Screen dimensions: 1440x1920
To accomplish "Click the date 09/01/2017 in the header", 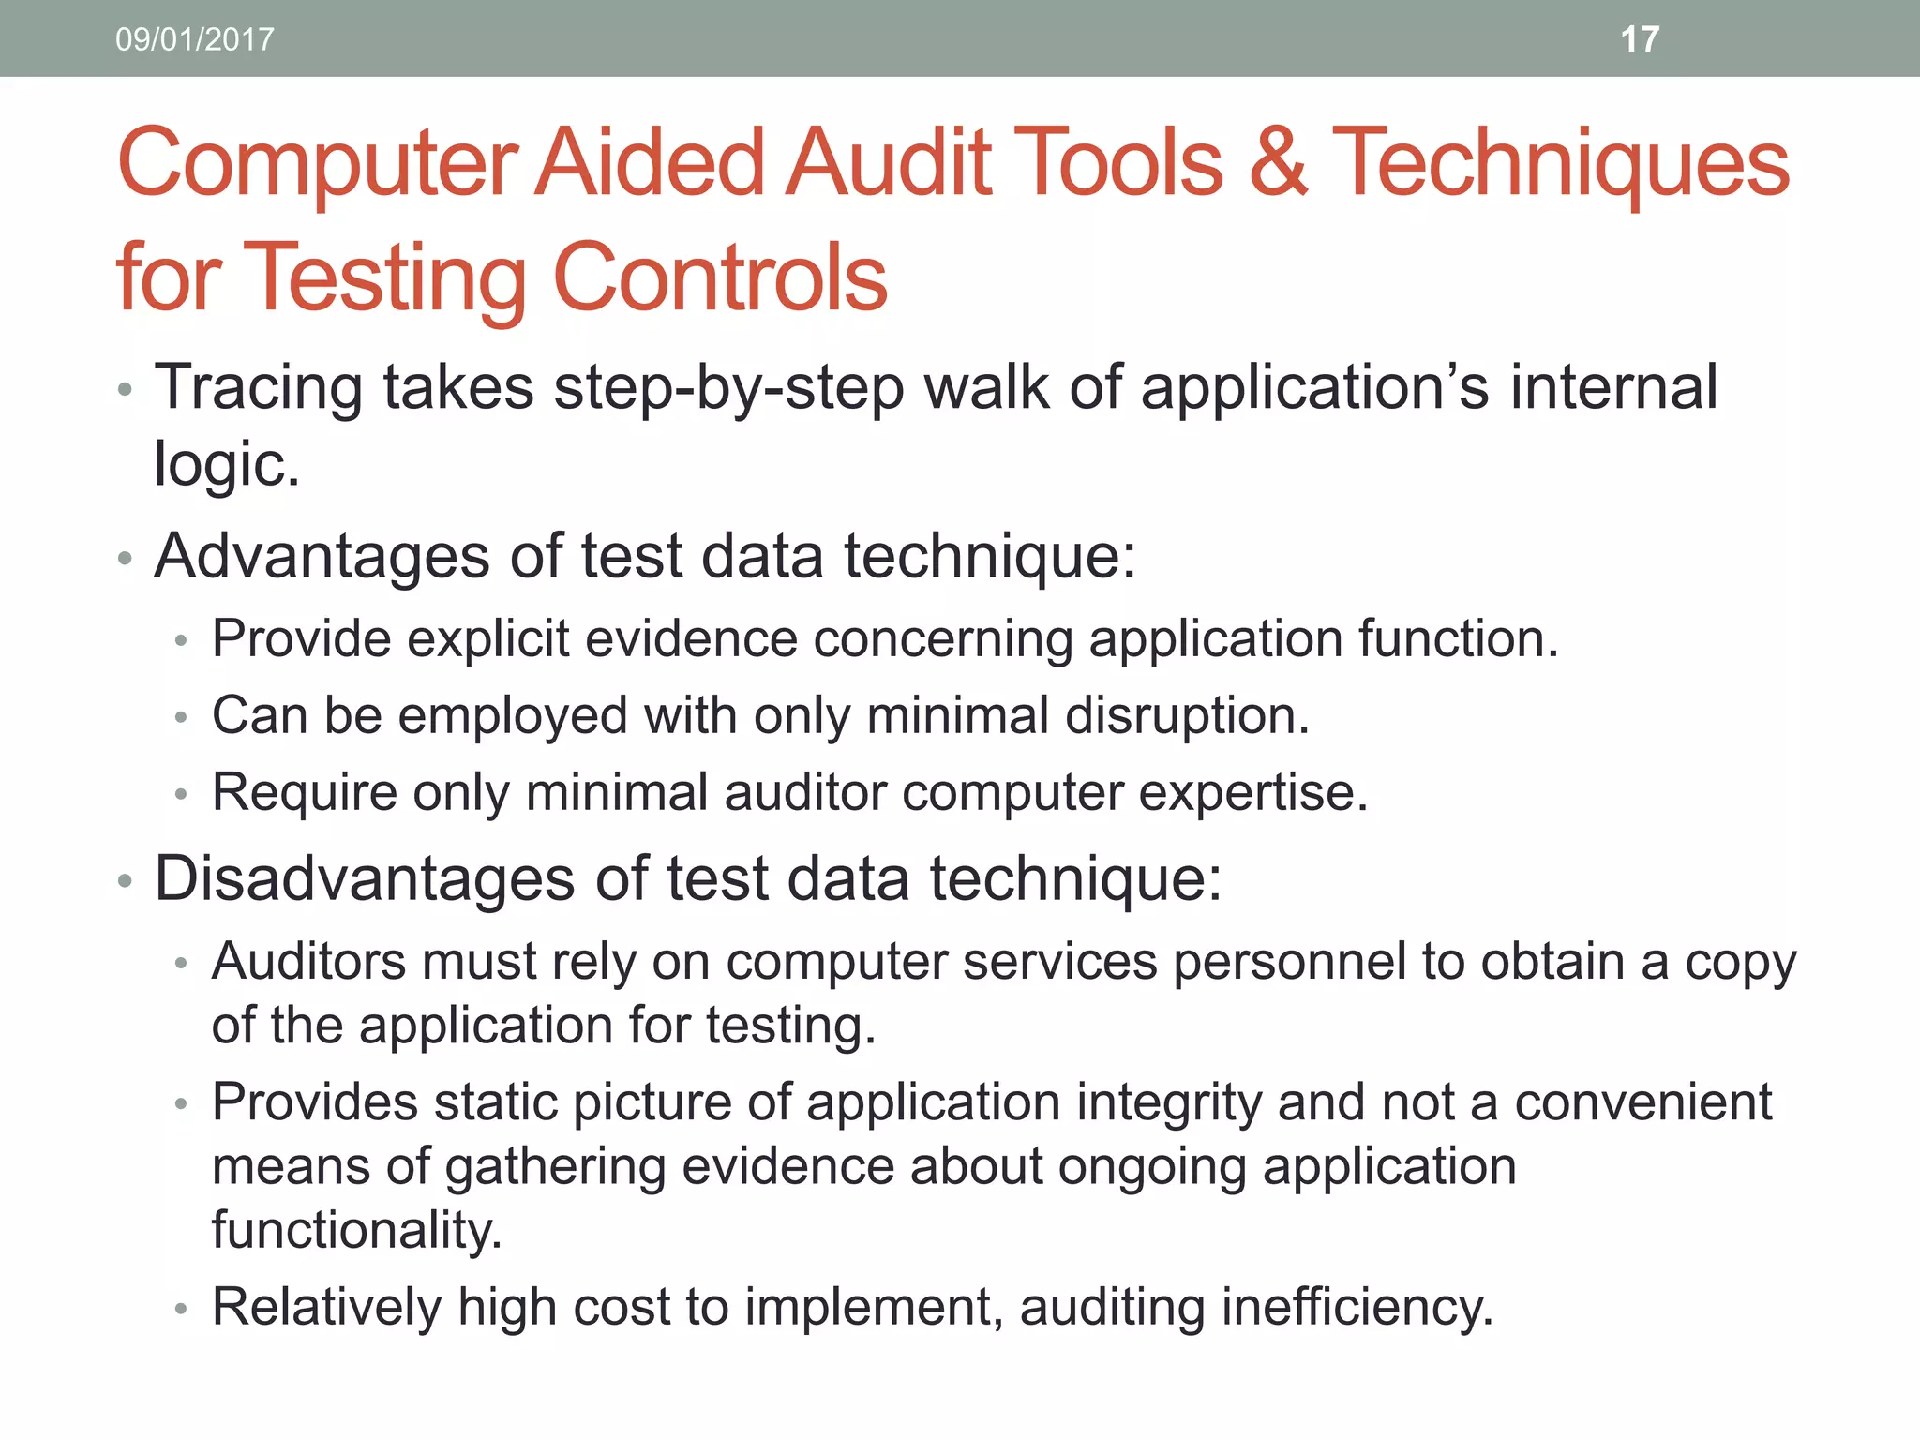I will click(195, 39).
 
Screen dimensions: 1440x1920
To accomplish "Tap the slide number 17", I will click(1640, 39).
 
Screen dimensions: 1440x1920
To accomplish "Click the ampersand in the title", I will click(1277, 163).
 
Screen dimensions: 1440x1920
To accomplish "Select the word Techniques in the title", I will click(1561, 165).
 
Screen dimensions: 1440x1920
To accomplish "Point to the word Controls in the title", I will click(720, 277).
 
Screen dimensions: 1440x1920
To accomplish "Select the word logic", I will click(226, 464).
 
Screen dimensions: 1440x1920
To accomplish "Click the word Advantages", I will click(322, 556).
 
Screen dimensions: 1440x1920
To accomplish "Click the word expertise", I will click(1253, 793).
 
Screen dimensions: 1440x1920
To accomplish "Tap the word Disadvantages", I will click(365, 879).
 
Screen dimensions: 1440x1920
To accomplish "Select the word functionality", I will click(356, 1230).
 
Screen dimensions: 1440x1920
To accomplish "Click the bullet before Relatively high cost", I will click(182, 1309).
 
